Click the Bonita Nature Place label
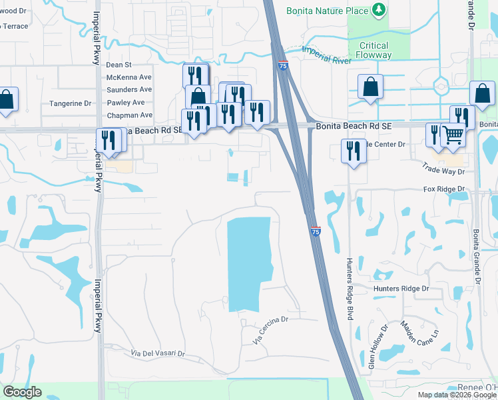pos(327,11)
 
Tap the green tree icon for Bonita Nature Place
pos(379,9)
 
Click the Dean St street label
pos(119,65)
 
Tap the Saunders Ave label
pos(129,90)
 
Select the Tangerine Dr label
pos(70,103)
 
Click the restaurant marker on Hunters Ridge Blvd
pos(354,151)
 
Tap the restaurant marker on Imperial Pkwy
pos(107,140)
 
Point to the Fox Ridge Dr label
pos(443,189)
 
